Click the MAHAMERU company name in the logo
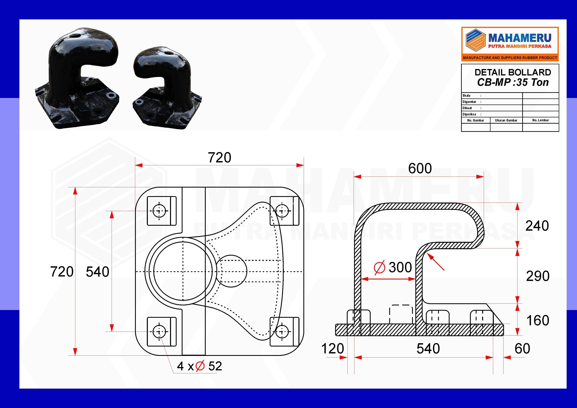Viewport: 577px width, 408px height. pos(520,38)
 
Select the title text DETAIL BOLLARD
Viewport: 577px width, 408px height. pos(513,72)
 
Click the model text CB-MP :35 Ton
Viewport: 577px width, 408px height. pos(513,82)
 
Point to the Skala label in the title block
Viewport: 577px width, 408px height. pos(467,96)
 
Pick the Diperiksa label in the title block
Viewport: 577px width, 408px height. pos(469,114)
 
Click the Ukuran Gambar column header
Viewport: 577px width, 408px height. pos(506,120)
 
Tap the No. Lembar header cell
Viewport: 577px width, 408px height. pos(540,120)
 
